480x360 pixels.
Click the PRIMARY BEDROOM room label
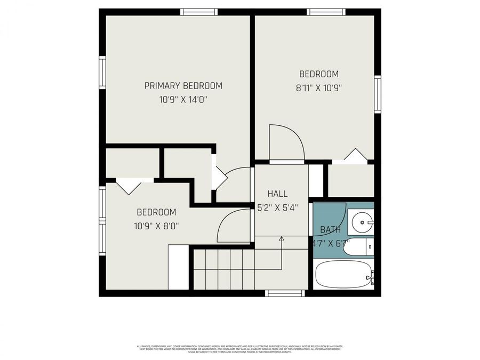point(183,86)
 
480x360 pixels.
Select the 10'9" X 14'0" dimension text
point(183,100)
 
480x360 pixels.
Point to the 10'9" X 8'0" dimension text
point(156,226)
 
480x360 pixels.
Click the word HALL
point(277,194)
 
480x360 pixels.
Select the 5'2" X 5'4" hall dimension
point(277,208)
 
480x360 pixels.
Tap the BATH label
point(330,230)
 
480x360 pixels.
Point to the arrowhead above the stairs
point(281,239)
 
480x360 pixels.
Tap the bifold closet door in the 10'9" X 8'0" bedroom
point(128,186)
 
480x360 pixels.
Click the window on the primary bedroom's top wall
point(199,12)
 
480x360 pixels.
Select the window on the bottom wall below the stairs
point(285,293)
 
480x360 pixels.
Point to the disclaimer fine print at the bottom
point(240,349)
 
